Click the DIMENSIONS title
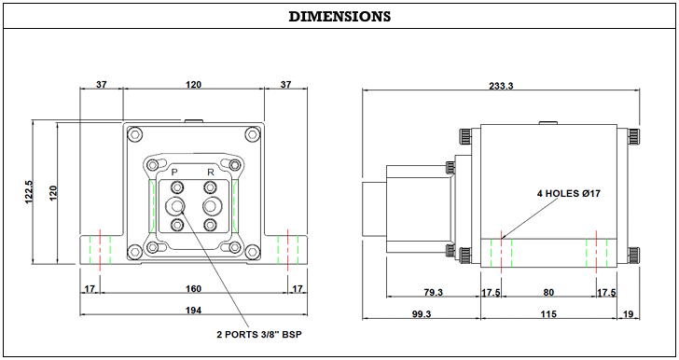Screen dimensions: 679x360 [339, 17]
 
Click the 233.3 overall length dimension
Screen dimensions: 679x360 [501, 86]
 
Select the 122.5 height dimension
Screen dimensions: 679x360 [29, 192]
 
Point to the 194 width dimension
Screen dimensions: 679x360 [194, 311]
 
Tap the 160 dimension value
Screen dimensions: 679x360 [194, 288]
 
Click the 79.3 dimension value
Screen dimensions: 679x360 [433, 293]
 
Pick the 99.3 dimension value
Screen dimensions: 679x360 [422, 314]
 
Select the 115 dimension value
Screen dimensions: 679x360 [548, 313]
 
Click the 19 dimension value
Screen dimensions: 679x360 [628, 314]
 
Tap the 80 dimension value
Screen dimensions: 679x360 [548, 293]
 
